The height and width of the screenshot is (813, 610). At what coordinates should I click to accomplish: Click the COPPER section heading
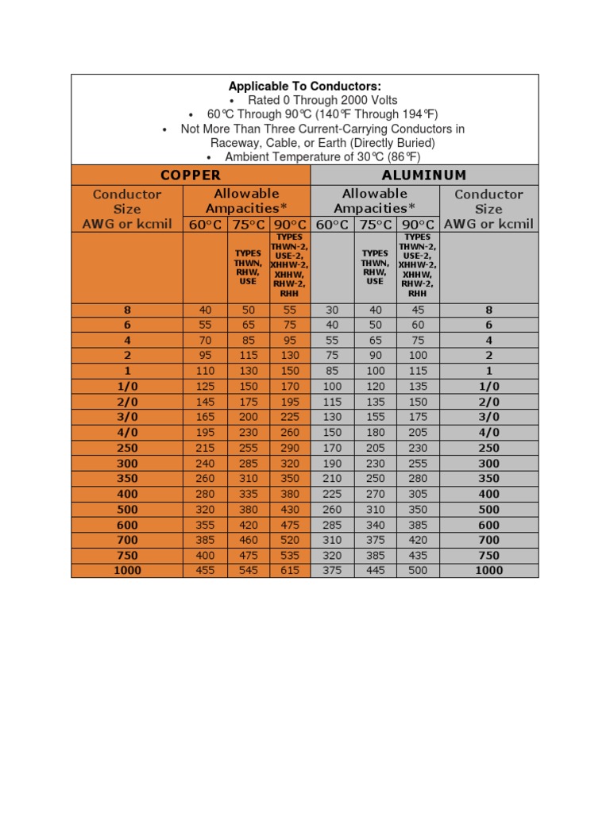coord(191,175)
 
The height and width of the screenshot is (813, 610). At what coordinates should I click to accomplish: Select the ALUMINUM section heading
coord(424,175)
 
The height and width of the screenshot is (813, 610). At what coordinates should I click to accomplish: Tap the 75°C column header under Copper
coord(249,225)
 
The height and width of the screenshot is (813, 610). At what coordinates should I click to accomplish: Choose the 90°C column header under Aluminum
coord(418,225)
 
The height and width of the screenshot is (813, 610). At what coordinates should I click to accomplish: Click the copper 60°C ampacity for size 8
coord(205,310)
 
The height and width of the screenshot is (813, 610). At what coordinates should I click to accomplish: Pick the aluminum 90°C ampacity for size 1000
coord(418,570)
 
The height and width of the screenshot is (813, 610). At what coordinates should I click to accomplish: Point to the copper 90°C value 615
coord(291,570)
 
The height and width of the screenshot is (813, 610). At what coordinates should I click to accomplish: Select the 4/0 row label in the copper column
coord(127,432)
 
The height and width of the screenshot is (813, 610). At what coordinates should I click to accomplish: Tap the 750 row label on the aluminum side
coord(488,555)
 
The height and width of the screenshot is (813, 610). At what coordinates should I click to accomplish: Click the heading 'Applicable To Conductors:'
coord(305,86)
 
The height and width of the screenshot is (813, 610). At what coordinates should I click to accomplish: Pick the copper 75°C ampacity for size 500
coord(249,509)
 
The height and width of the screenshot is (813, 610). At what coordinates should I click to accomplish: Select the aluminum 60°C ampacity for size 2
coord(333,356)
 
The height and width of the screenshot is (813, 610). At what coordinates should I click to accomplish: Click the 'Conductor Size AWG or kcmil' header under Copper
coord(127,209)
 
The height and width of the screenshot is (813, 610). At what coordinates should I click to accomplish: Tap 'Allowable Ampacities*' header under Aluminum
coord(375,201)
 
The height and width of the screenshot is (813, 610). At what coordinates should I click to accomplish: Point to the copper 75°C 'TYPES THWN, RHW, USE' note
coord(249,268)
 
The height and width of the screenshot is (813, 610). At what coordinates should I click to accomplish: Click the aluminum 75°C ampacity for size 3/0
coord(375,417)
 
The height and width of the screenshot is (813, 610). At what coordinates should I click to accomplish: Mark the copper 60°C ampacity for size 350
coord(205,478)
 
